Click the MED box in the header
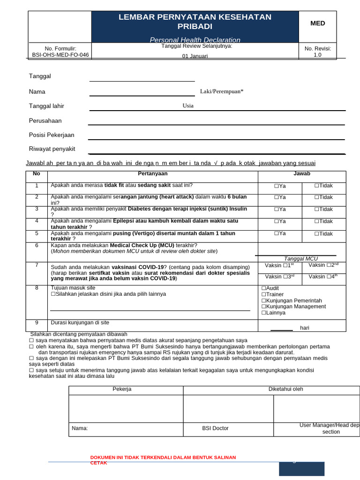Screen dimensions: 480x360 pyautogui.click(x=317, y=23)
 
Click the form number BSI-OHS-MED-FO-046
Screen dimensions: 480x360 pyautogui.click(x=60, y=55)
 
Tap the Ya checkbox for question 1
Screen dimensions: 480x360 pyautogui.click(x=277, y=186)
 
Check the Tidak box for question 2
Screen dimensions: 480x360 pyautogui.click(x=316, y=198)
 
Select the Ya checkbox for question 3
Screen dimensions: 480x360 pyautogui.click(x=277, y=210)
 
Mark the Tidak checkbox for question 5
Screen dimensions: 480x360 pyautogui.click(x=316, y=234)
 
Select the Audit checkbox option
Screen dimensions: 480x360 pyautogui.click(x=263, y=288)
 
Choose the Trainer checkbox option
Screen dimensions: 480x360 pyautogui.click(x=263, y=294)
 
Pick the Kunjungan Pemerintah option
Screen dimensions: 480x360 pyautogui.click(x=263, y=300)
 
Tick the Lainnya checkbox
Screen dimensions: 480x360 pyautogui.click(x=263, y=313)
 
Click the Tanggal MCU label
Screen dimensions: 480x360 pyautogui.click(x=301, y=259)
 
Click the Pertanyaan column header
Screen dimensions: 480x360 pyautogui.click(x=153, y=174)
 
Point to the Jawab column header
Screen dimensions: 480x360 pyautogui.click(x=302, y=174)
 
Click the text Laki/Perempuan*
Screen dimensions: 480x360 pyautogui.click(x=222, y=91)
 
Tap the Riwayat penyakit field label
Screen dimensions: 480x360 pyautogui.click(x=52, y=149)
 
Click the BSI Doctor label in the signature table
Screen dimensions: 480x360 pyautogui.click(x=215, y=428)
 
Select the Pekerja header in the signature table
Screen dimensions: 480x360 pyautogui.click(x=122, y=389)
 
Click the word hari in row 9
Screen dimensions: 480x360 pyautogui.click(x=305, y=328)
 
